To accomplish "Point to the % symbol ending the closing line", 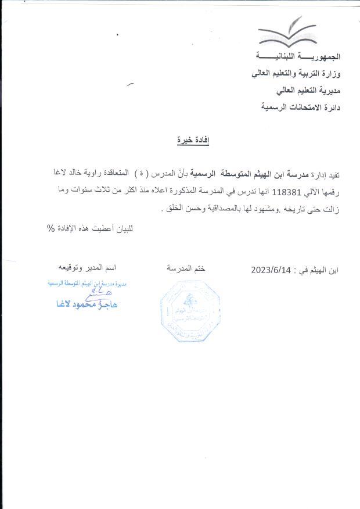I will pos(51,228).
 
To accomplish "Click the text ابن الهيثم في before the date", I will pos(318,270).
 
